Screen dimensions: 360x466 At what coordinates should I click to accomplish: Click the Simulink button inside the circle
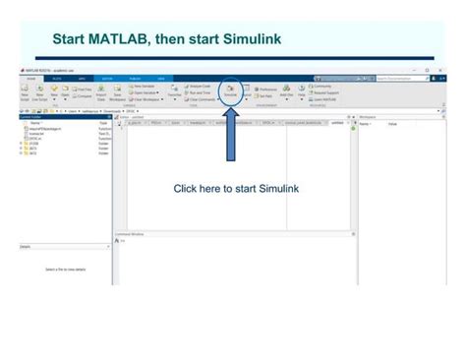tap(230, 90)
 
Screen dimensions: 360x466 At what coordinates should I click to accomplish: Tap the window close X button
tap(440, 70)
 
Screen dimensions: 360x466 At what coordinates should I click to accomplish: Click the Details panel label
tap(27, 247)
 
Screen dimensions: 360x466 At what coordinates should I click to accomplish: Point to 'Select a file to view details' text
tap(66, 269)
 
